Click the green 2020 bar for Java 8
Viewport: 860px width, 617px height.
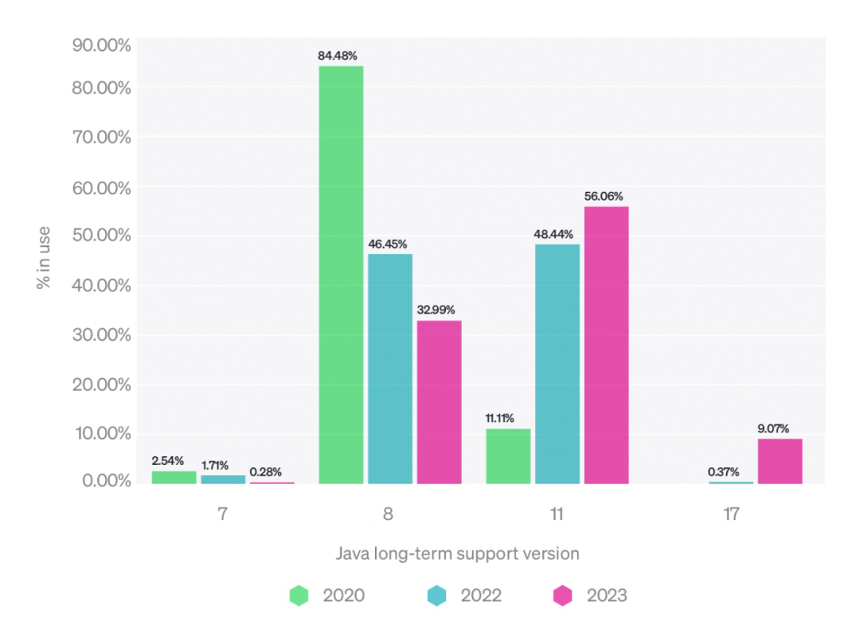341,275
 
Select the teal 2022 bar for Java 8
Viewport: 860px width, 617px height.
390,369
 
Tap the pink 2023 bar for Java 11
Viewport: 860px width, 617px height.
607,345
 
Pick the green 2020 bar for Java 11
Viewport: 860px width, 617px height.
508,456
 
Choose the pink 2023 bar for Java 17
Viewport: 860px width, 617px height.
780,461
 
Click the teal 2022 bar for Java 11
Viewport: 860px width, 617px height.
557,364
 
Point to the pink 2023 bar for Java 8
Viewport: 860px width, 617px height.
439,402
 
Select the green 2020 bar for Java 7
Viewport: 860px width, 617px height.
174,477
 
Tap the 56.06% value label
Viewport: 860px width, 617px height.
604,196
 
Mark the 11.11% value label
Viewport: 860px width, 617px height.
499,418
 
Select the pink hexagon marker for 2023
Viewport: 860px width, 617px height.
563,595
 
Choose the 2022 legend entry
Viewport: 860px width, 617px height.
463,595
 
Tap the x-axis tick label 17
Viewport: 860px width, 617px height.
731,514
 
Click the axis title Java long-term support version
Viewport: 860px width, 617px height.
456,553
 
